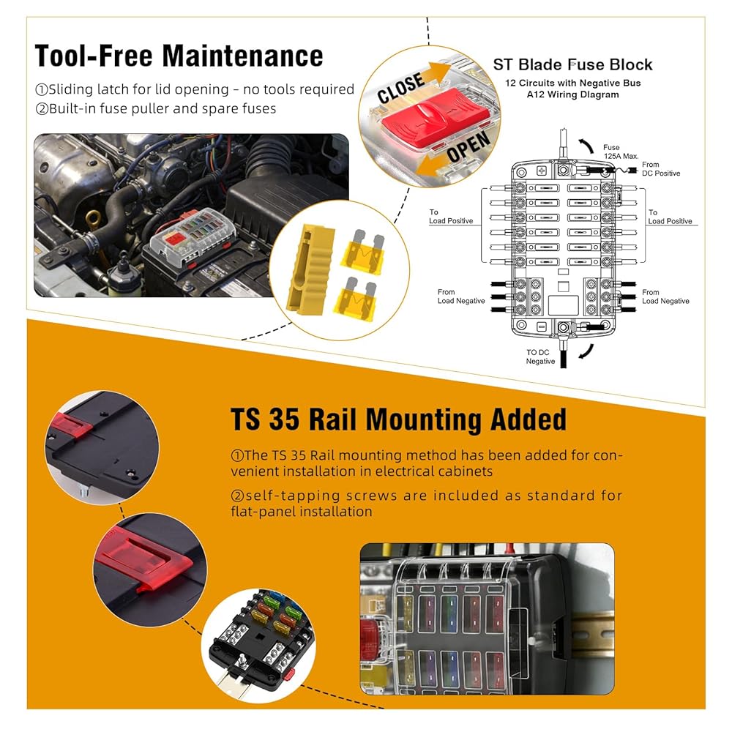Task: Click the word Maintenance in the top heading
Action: coord(242,56)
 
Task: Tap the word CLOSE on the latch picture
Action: coord(400,88)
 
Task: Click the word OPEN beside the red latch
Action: coord(468,146)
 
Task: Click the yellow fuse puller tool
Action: coord(310,267)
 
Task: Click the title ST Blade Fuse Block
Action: coord(572,65)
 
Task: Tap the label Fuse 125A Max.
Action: coord(621,152)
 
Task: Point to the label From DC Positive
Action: coord(660,169)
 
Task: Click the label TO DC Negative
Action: coord(541,356)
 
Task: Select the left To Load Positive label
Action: coord(451,216)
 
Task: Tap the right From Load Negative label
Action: coord(665,296)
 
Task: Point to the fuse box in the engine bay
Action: coord(193,237)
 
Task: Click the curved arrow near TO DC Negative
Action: coord(587,351)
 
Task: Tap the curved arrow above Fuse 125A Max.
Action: coord(586,146)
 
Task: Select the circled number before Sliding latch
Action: coord(42,89)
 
